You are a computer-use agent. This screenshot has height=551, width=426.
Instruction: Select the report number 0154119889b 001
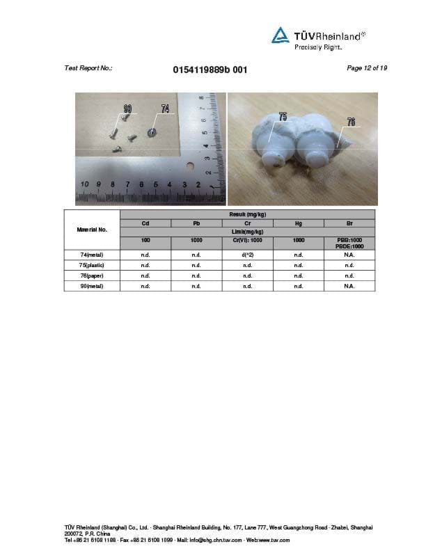pyautogui.click(x=209, y=70)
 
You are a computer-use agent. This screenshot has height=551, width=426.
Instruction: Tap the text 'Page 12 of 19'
pyautogui.click(x=366, y=67)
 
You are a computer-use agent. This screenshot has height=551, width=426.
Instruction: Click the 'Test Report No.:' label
pyautogui.click(x=88, y=68)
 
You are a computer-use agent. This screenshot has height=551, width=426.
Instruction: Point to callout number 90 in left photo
pyautogui.click(x=127, y=109)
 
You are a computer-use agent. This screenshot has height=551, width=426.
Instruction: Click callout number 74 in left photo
pyautogui.click(x=165, y=109)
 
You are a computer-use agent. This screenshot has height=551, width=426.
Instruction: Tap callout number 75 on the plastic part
pyautogui.click(x=283, y=117)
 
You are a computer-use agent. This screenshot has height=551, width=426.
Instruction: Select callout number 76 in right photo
pyautogui.click(x=351, y=122)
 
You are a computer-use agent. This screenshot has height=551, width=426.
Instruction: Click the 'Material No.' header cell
pyautogui.click(x=92, y=229)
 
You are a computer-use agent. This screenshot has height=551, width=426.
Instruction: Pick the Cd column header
pyautogui.click(x=145, y=223)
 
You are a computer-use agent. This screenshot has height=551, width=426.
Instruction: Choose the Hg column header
pyautogui.click(x=298, y=223)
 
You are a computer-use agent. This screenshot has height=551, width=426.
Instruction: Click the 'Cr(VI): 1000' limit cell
pyautogui.click(x=247, y=240)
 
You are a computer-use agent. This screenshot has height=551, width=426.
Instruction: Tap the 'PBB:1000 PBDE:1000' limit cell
pyautogui.click(x=349, y=243)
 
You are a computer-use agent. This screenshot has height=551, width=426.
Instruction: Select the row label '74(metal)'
pyautogui.click(x=92, y=255)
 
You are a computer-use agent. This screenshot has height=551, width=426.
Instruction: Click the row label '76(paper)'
pyautogui.click(x=92, y=275)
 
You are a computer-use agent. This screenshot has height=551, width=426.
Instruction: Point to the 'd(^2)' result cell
pyautogui.click(x=247, y=255)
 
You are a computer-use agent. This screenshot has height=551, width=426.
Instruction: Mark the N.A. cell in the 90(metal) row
pyautogui.click(x=349, y=286)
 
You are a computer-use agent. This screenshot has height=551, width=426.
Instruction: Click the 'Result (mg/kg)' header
pyautogui.click(x=247, y=214)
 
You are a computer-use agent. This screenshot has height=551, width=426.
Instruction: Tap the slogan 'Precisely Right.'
pyautogui.click(x=318, y=47)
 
